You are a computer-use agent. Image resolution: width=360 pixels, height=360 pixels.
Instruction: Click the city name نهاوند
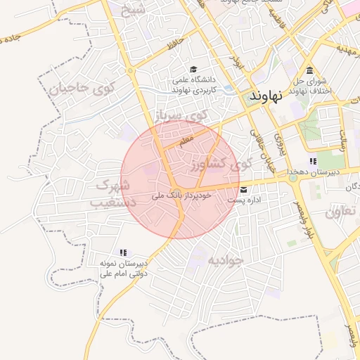pos(275,95)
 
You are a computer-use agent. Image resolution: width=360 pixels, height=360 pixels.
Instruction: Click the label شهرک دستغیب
pos(111,194)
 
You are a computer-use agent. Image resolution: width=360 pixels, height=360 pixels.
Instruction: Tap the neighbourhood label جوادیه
pos(224,260)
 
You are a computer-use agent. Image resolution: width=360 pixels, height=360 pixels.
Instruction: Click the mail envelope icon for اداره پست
pos(244,189)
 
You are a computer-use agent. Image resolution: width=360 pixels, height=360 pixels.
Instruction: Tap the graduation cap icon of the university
pos(193,69)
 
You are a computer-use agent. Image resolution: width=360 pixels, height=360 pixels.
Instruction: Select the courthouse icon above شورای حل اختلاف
pos(310,70)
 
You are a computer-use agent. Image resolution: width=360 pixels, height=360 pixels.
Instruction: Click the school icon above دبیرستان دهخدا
pos(313,161)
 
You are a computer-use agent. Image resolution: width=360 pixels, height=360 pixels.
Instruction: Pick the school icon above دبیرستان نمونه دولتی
pos(123,252)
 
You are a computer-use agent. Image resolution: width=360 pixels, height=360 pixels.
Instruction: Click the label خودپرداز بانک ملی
pos(181,196)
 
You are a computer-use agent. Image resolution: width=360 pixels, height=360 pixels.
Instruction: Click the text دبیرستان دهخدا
pos(313,172)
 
